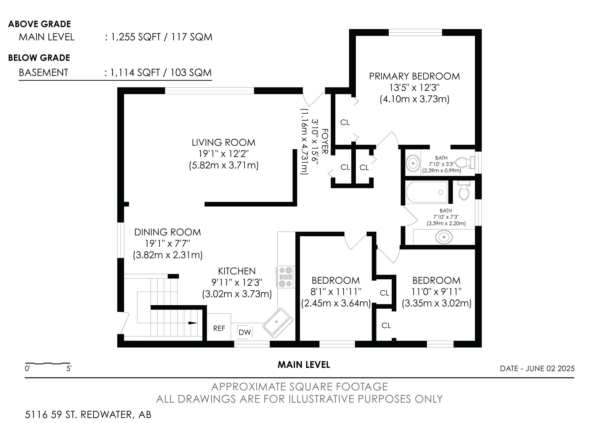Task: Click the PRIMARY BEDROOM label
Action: click(x=414, y=76)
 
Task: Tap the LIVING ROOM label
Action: click(x=224, y=143)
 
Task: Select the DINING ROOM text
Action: click(x=167, y=232)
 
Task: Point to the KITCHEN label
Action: click(x=237, y=271)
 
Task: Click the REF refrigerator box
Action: click(x=219, y=327)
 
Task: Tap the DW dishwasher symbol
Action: click(x=245, y=332)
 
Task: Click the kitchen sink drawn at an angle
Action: click(x=277, y=323)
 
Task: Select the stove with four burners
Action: click(x=286, y=277)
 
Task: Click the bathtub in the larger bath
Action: click(x=427, y=192)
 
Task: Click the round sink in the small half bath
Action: click(x=413, y=163)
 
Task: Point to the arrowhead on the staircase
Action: click(x=193, y=323)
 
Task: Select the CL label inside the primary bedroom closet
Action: click(x=345, y=122)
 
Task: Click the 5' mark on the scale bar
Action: click(x=69, y=368)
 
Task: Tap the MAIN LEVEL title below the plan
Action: click(x=304, y=365)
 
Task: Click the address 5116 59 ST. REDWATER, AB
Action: click(x=88, y=415)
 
